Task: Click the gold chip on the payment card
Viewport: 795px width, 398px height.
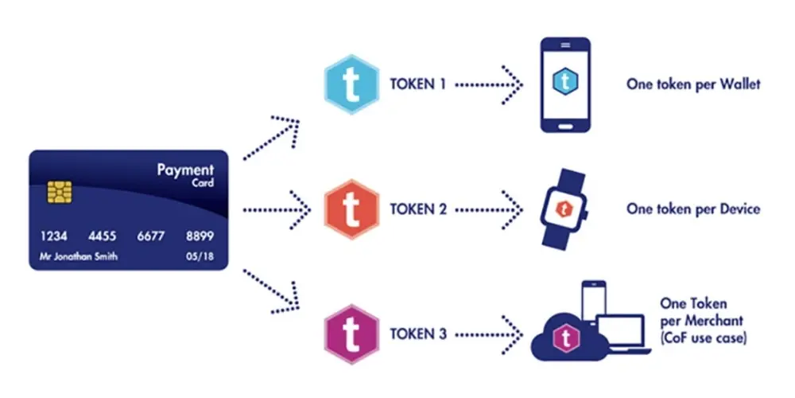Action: pos(60,192)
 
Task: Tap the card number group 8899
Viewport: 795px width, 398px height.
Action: pos(200,236)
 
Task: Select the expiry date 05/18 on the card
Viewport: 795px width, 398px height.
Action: pos(200,256)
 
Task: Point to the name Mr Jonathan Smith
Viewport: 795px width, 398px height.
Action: pos(79,256)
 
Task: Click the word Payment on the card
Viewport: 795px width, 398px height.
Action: pos(185,170)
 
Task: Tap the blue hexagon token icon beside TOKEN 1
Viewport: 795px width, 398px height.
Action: pos(351,84)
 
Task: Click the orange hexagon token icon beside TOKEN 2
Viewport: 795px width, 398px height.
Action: pos(351,209)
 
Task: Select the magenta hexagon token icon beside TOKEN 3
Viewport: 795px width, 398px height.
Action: pos(351,334)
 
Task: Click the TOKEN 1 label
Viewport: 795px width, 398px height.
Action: pos(418,84)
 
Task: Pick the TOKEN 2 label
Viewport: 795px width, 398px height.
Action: pos(418,209)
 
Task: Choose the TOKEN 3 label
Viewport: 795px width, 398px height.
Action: pos(418,334)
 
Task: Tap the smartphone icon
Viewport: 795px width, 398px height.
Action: pos(565,85)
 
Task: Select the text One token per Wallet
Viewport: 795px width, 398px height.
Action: pos(693,84)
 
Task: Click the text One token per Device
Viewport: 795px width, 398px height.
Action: pos(693,209)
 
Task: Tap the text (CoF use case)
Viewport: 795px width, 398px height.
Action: pos(704,338)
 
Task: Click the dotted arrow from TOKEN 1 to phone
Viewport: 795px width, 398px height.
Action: pos(489,85)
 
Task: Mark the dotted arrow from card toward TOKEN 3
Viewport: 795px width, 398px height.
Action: pos(272,291)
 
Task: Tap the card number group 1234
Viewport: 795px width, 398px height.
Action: pos(54,236)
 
